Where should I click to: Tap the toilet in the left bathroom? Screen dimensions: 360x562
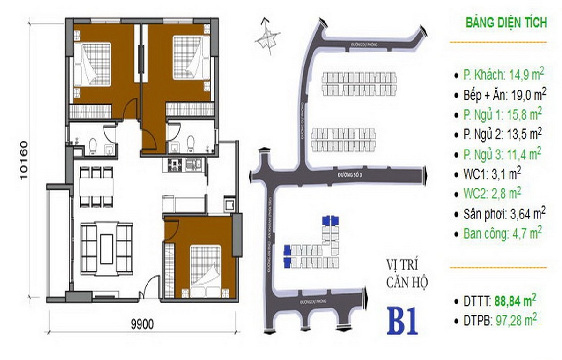tap(93, 146)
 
